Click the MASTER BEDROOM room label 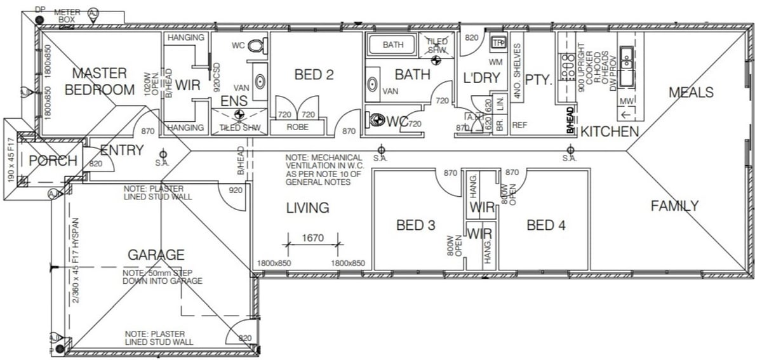tap(99, 81)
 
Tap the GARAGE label tap(156, 255)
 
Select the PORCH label tap(53, 161)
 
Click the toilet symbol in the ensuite tap(257, 47)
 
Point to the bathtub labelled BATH tap(392, 45)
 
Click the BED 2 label tap(314, 75)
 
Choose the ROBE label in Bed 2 tap(297, 128)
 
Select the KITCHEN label tap(610, 132)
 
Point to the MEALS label tap(691, 93)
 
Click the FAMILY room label tap(674, 206)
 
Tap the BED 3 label tap(415, 225)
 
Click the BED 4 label tap(546, 225)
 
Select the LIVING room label tap(307, 208)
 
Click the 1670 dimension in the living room tap(312, 238)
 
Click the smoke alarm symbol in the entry tap(163, 154)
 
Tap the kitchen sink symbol tap(626, 62)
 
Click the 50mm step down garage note tap(163, 277)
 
